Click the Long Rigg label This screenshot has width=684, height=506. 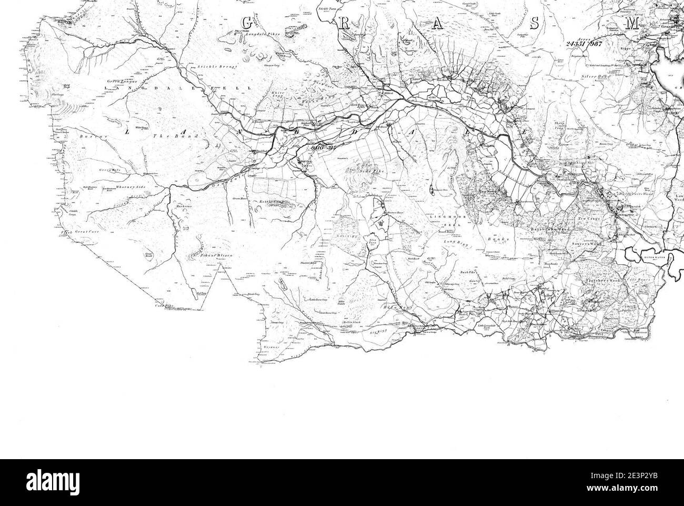(456, 242)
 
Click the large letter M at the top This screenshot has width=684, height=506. (634, 23)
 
